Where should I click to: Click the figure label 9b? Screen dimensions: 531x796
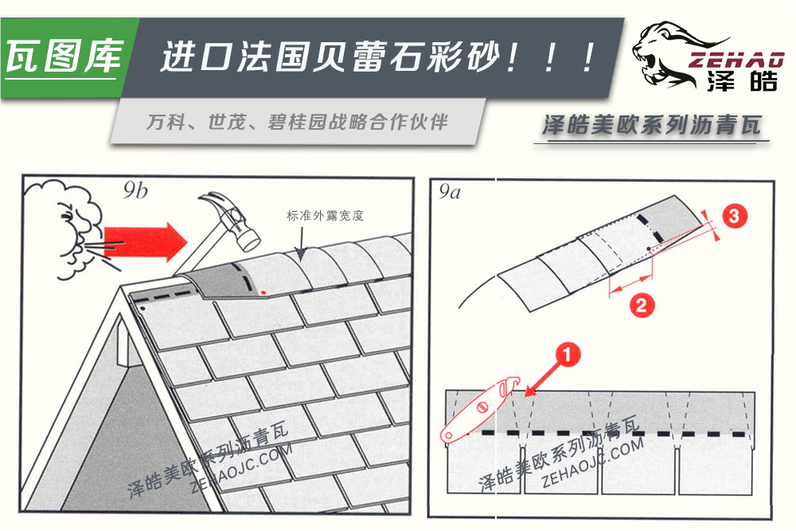tap(136, 190)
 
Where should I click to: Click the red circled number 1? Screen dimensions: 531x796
tap(567, 357)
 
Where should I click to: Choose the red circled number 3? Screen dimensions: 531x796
tap(736, 216)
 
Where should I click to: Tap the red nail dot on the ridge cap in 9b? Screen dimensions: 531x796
tap(263, 293)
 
